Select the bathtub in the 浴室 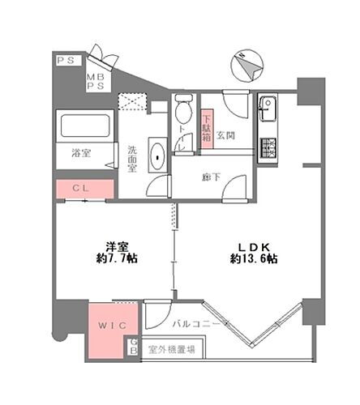81,128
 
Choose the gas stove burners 268,147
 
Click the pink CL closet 82,190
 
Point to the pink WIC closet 107,329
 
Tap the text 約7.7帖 118,259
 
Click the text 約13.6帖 254,259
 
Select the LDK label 253,245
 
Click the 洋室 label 118,245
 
